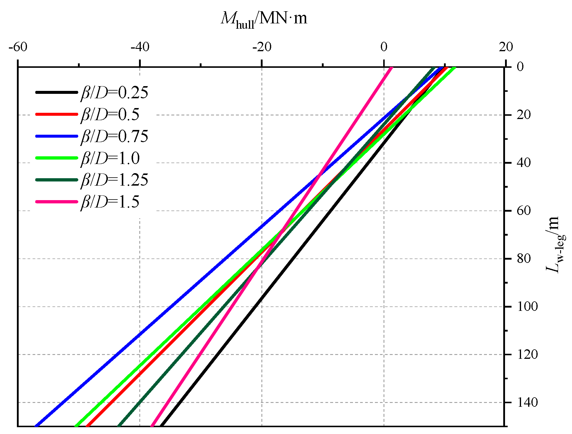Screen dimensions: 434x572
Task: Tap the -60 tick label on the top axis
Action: click(x=18, y=47)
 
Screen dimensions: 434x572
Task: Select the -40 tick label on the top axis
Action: click(x=140, y=47)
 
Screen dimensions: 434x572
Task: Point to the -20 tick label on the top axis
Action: click(x=262, y=47)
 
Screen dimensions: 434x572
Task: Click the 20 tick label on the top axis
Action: click(x=506, y=47)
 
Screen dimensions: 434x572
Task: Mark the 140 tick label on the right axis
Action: click(x=527, y=403)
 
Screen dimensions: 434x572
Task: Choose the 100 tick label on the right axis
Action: click(x=527, y=307)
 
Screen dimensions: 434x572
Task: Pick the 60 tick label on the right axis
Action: click(x=524, y=211)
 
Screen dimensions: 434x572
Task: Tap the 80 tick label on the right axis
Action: click(x=524, y=259)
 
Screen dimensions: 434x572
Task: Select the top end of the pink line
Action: click(x=392, y=68)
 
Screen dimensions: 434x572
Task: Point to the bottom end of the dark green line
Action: click(x=119, y=426)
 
